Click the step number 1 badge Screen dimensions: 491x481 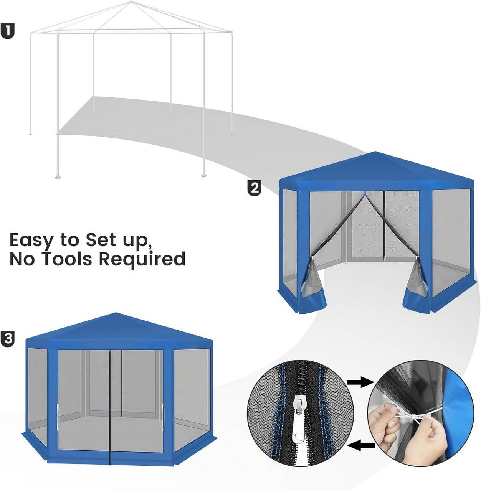8,31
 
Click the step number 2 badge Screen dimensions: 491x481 254,188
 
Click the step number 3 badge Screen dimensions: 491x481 8,339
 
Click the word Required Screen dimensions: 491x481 142,259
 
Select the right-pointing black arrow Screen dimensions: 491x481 360,382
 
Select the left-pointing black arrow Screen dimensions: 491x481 362,445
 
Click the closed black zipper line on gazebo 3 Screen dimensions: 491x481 110,407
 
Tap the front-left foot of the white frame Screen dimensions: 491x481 58,177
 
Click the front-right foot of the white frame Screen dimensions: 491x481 204,175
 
